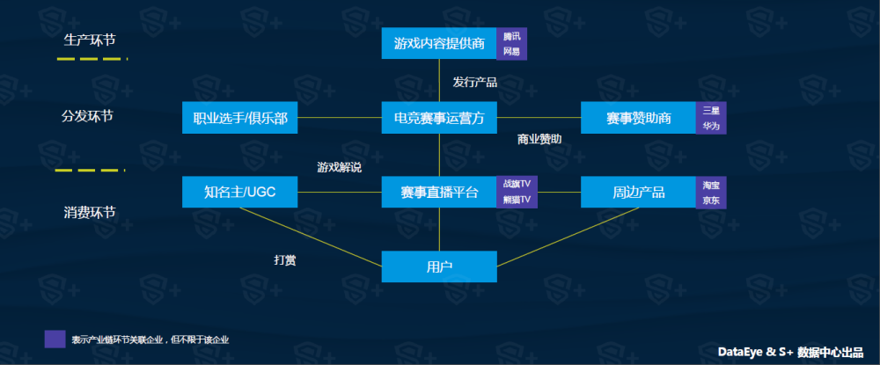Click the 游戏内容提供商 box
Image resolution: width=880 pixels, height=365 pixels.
pyautogui.click(x=439, y=43)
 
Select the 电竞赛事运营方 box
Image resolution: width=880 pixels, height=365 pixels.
pyautogui.click(x=439, y=118)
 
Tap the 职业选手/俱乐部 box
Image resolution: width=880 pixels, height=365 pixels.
pyautogui.click(x=239, y=118)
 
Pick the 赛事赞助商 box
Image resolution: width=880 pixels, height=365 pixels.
pyautogui.click(x=639, y=118)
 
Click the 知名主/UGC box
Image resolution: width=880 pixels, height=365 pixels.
pyautogui.click(x=239, y=192)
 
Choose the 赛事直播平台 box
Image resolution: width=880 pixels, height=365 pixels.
pyautogui.click(x=439, y=192)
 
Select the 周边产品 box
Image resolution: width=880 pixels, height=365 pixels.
pyautogui.click(x=639, y=192)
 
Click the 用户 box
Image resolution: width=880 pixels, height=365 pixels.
pyautogui.click(x=439, y=266)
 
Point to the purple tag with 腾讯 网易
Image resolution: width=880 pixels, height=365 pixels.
pyautogui.click(x=511, y=43)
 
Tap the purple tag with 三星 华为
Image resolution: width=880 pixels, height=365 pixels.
pyautogui.click(x=711, y=118)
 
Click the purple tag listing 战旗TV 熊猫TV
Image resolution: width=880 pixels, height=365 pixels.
pyautogui.click(x=517, y=192)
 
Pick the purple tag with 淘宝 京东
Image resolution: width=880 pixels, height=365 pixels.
pyautogui.click(x=711, y=192)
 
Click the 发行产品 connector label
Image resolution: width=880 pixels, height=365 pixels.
pyautogui.click(x=475, y=82)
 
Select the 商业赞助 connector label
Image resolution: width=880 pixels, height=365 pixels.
pyautogui.click(x=539, y=139)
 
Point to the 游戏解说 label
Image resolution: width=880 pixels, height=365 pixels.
pyautogui.click(x=339, y=166)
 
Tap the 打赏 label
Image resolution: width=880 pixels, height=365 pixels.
pyautogui.click(x=284, y=259)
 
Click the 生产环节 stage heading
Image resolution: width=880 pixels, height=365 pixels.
pyautogui.click(x=90, y=40)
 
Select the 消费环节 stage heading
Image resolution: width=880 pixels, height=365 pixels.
pyautogui.click(x=90, y=213)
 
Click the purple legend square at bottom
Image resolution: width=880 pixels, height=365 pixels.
pyautogui.click(x=55, y=339)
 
